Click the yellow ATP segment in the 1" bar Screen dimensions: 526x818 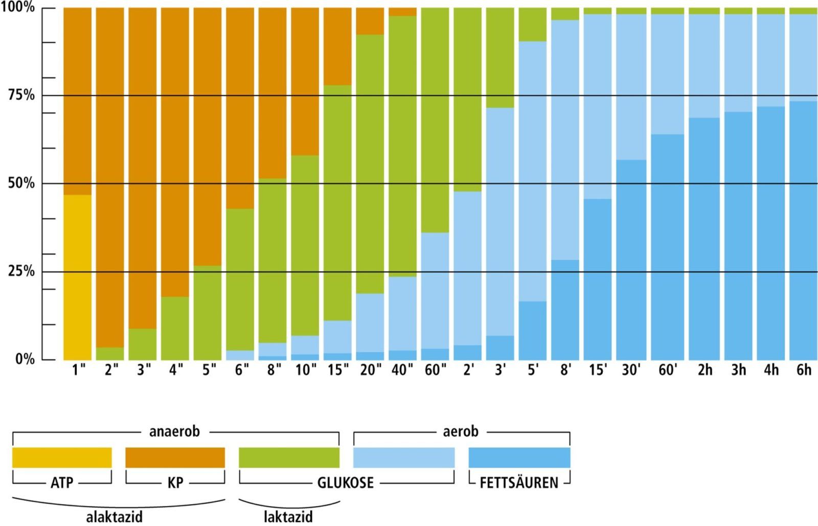(77, 277)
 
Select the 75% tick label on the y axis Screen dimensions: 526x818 (21, 95)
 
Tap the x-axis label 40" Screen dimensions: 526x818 (402, 370)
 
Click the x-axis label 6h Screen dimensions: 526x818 (804, 370)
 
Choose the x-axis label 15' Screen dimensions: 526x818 (598, 370)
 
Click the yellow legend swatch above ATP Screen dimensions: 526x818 (62, 458)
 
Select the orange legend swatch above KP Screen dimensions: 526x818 (175, 458)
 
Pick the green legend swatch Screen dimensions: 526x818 (289, 458)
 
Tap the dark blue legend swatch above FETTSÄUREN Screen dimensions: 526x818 (519, 458)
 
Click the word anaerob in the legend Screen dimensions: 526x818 (174, 432)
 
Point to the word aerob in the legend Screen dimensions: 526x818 (460, 432)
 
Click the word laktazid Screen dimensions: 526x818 (288, 517)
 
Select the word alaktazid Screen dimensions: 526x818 (114, 517)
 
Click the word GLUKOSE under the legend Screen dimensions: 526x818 (346, 483)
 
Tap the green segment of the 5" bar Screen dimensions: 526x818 (208, 312)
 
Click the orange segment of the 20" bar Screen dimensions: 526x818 (370, 21)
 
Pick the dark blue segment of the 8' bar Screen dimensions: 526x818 (565, 309)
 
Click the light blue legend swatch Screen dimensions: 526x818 (403, 458)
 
